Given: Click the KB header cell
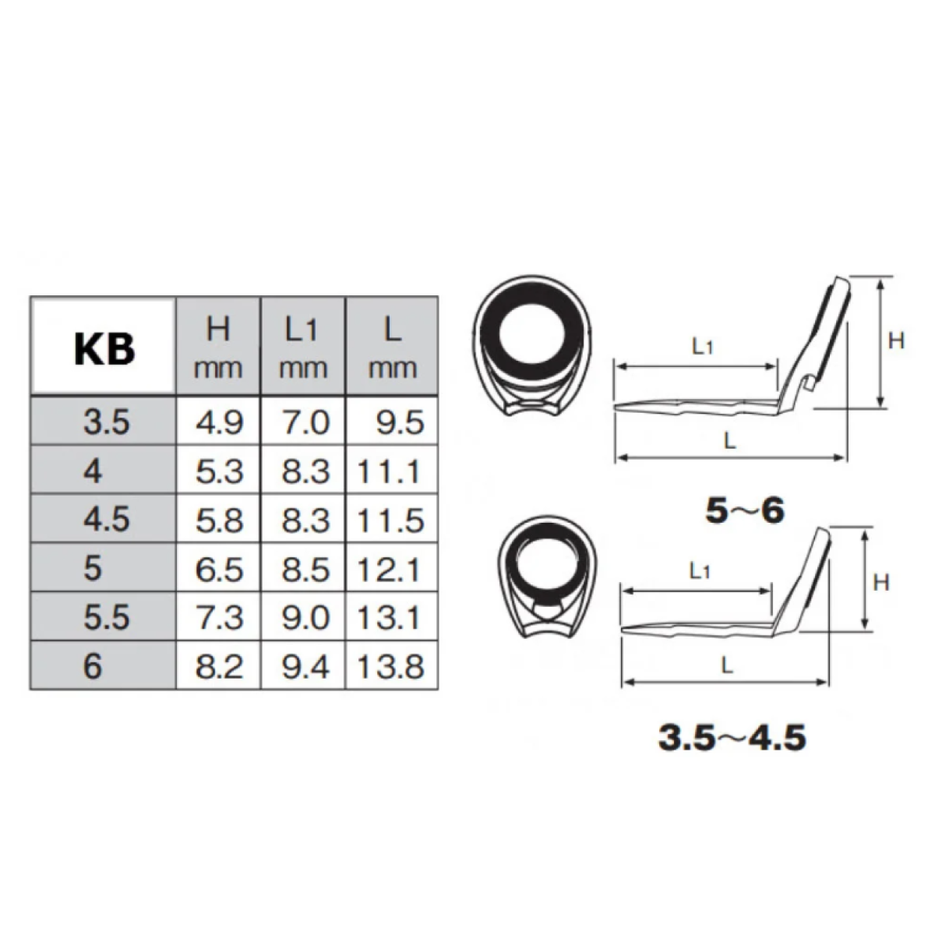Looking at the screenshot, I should [104, 348].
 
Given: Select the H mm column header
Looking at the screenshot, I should [219, 348].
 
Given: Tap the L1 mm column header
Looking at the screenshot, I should [303, 348].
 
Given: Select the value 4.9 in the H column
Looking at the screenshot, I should [219, 423].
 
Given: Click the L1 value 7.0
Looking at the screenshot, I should [303, 423].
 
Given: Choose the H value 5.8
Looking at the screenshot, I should [219, 520].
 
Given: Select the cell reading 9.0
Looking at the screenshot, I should [303, 617].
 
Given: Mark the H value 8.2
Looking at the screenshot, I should [219, 666].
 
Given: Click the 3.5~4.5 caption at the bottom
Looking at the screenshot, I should [732, 737].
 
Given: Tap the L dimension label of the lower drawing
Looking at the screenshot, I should [725, 666].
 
